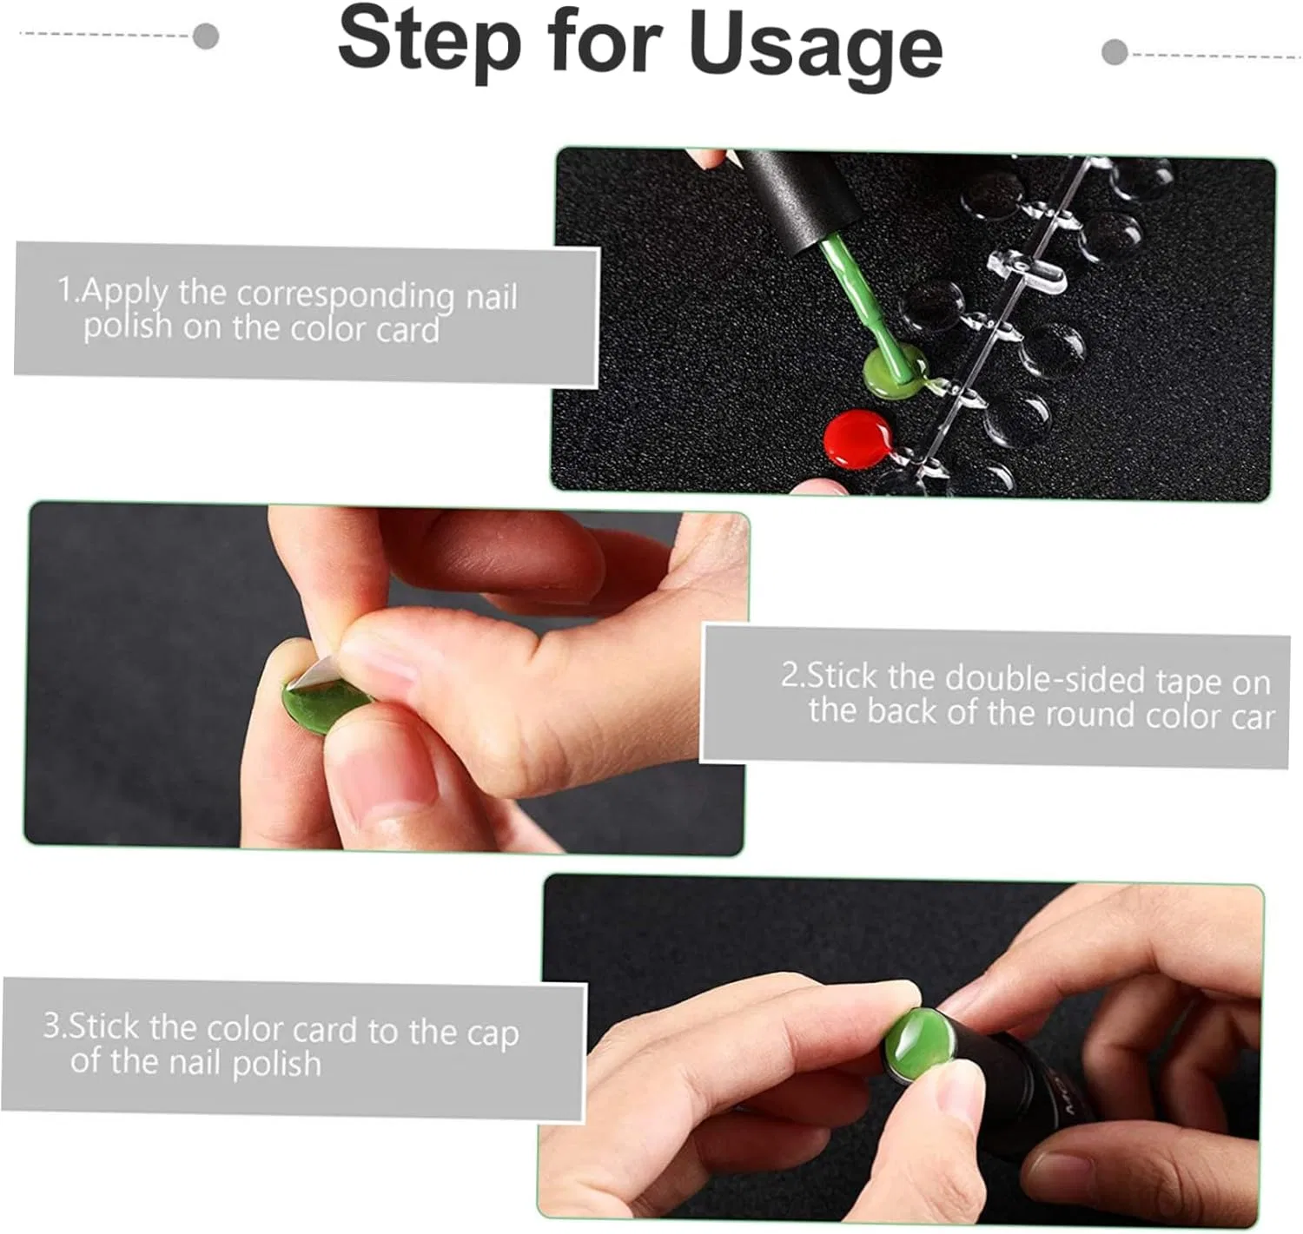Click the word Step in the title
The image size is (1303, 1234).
point(429,43)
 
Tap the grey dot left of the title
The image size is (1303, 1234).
point(206,36)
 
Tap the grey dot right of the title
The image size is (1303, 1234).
point(1114,52)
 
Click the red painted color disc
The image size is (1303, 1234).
point(857,439)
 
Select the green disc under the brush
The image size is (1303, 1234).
point(895,371)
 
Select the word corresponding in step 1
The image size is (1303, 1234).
point(345,295)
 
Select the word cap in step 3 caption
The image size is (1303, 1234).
point(493,1034)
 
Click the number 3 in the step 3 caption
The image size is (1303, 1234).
point(52,1025)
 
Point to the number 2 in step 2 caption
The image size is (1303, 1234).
point(790,676)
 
